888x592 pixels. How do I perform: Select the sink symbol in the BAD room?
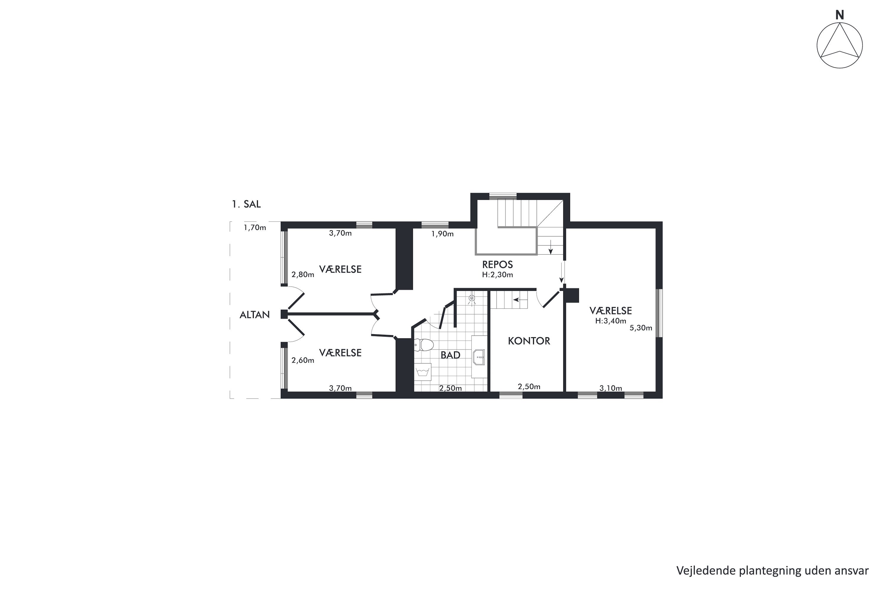(x=479, y=357)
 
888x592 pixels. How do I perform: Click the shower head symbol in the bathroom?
(x=472, y=299)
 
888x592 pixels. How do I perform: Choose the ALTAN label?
(x=255, y=315)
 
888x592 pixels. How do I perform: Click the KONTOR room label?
(x=529, y=341)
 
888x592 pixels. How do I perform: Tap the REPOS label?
(x=498, y=264)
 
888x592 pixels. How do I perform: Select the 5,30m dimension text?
(x=641, y=328)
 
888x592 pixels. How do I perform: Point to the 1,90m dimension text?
(x=443, y=234)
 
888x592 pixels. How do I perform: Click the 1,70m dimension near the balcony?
(x=255, y=228)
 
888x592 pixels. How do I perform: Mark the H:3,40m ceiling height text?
(x=610, y=321)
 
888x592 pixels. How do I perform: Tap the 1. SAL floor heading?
(x=246, y=204)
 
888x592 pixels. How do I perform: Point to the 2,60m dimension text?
(x=303, y=361)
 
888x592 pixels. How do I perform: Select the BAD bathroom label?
(x=451, y=355)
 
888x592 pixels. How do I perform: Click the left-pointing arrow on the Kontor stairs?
(x=520, y=300)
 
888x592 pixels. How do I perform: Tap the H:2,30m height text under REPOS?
(x=498, y=275)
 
